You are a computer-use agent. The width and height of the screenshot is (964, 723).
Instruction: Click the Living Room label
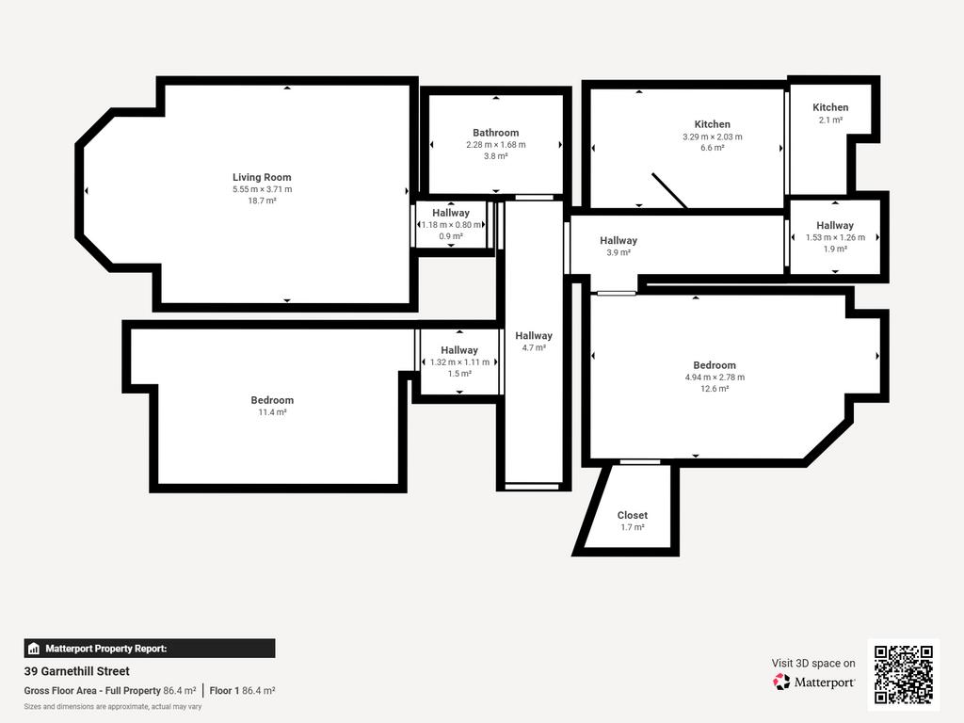pos(262,177)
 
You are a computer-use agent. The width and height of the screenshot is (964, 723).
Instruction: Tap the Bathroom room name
pos(495,132)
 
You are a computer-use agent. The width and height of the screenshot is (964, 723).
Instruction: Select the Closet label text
pos(632,515)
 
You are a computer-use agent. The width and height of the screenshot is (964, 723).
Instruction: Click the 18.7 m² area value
pos(262,201)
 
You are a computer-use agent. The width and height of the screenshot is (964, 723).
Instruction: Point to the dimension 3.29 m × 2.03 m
pos(712,137)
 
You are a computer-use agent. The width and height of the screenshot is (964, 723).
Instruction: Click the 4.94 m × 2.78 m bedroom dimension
pos(715,377)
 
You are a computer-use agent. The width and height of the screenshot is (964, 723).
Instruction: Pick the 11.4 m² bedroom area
pos(272,412)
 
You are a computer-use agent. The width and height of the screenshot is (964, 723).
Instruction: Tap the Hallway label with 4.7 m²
pos(534,336)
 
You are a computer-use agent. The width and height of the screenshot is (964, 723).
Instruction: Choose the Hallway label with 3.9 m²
pos(619,240)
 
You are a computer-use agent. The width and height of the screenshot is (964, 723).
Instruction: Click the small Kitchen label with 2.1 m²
pos(830,107)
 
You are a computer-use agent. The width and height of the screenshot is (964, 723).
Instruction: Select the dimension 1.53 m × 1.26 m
pos(835,237)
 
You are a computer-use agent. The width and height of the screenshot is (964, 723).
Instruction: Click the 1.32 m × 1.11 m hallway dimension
pos(459,362)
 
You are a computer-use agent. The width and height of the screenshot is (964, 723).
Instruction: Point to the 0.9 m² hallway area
pos(451,236)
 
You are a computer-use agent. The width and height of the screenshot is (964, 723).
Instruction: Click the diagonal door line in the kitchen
pos(670,190)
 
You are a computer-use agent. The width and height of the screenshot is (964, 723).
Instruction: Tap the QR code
pos(904,674)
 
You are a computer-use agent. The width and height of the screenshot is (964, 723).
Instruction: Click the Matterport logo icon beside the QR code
pos(781,682)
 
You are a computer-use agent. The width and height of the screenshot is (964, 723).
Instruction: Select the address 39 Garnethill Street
pos(77,671)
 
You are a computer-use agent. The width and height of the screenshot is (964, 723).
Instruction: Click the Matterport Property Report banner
pos(150,649)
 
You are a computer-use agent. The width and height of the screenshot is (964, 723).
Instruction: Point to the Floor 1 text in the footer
pos(224,690)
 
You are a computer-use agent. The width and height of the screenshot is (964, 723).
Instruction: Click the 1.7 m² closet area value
pos(632,527)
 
